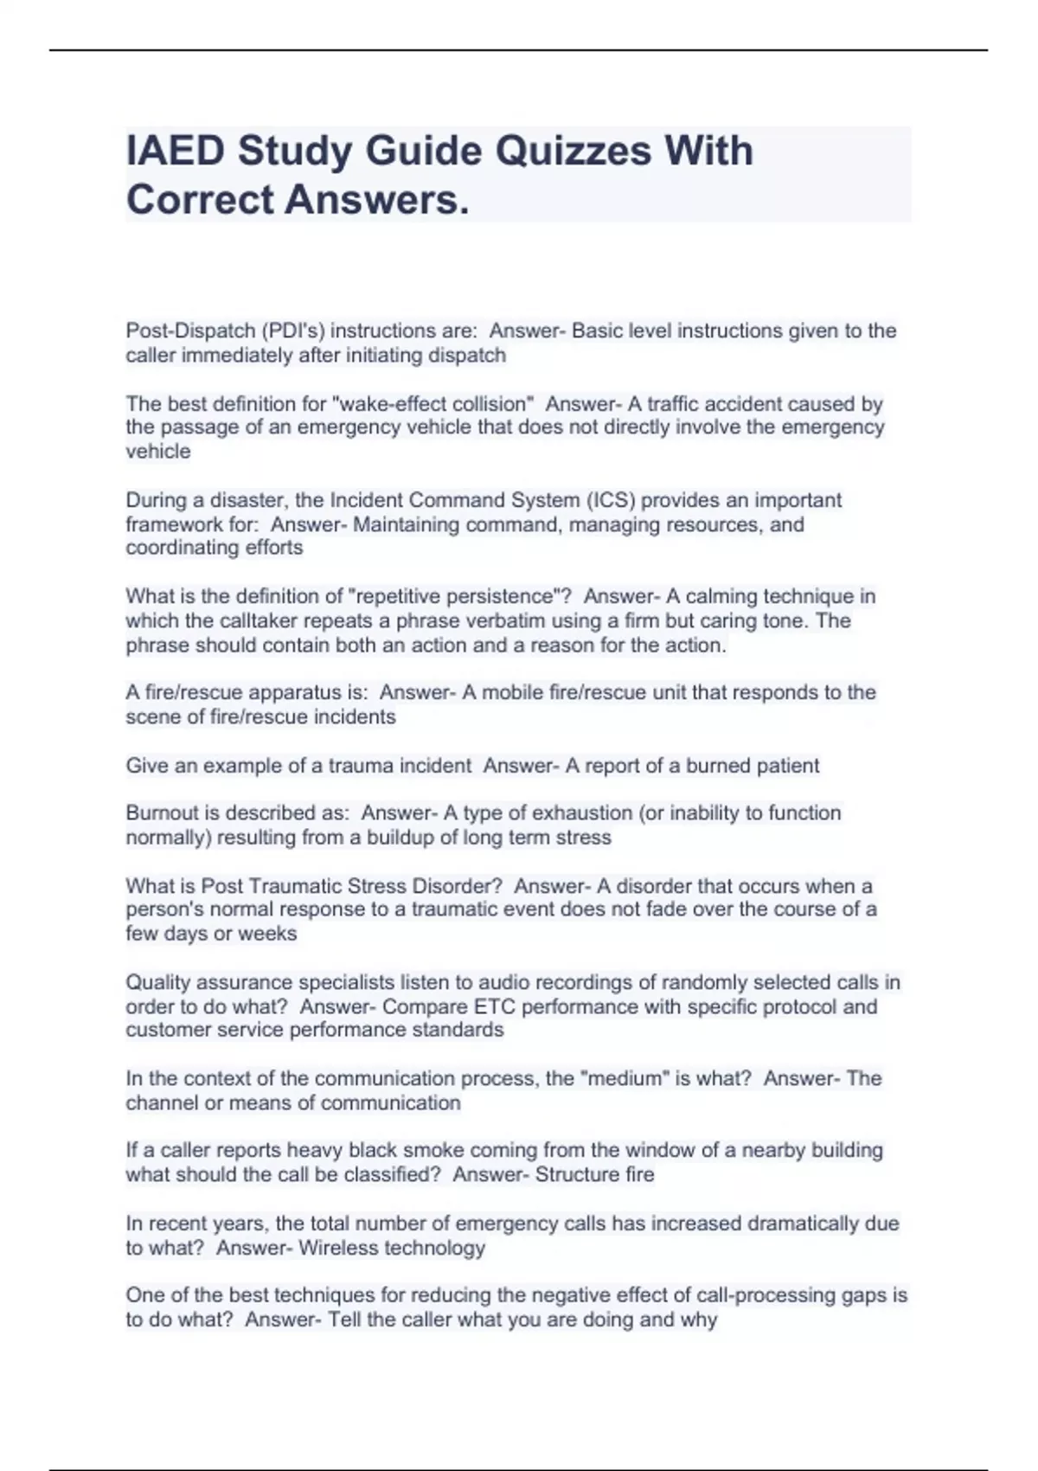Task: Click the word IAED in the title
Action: pos(176,151)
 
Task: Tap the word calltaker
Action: pos(261,620)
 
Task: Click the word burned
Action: pos(717,766)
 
